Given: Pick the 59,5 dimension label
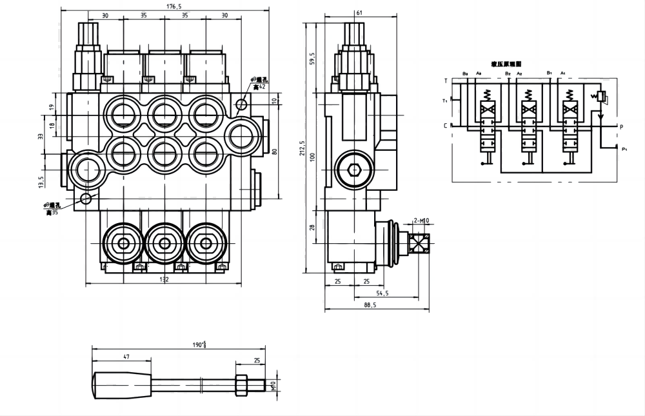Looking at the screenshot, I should click(x=313, y=59).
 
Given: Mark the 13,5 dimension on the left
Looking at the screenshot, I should click(x=41, y=183).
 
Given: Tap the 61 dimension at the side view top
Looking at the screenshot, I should click(x=359, y=12).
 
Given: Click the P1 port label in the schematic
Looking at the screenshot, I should click(x=624, y=150).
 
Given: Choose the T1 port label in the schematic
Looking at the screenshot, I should click(x=444, y=101).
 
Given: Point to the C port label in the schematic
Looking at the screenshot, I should click(x=445, y=126).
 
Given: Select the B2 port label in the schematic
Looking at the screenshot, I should click(x=508, y=74).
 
